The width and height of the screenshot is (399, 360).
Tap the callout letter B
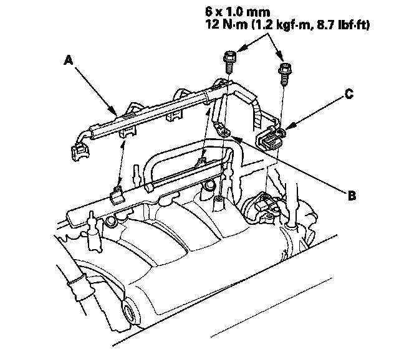352,195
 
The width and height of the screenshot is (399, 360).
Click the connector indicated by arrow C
272,137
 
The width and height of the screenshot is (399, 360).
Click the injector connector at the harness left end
80,151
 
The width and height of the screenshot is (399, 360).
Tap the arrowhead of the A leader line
118,113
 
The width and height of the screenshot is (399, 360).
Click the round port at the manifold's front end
132,311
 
